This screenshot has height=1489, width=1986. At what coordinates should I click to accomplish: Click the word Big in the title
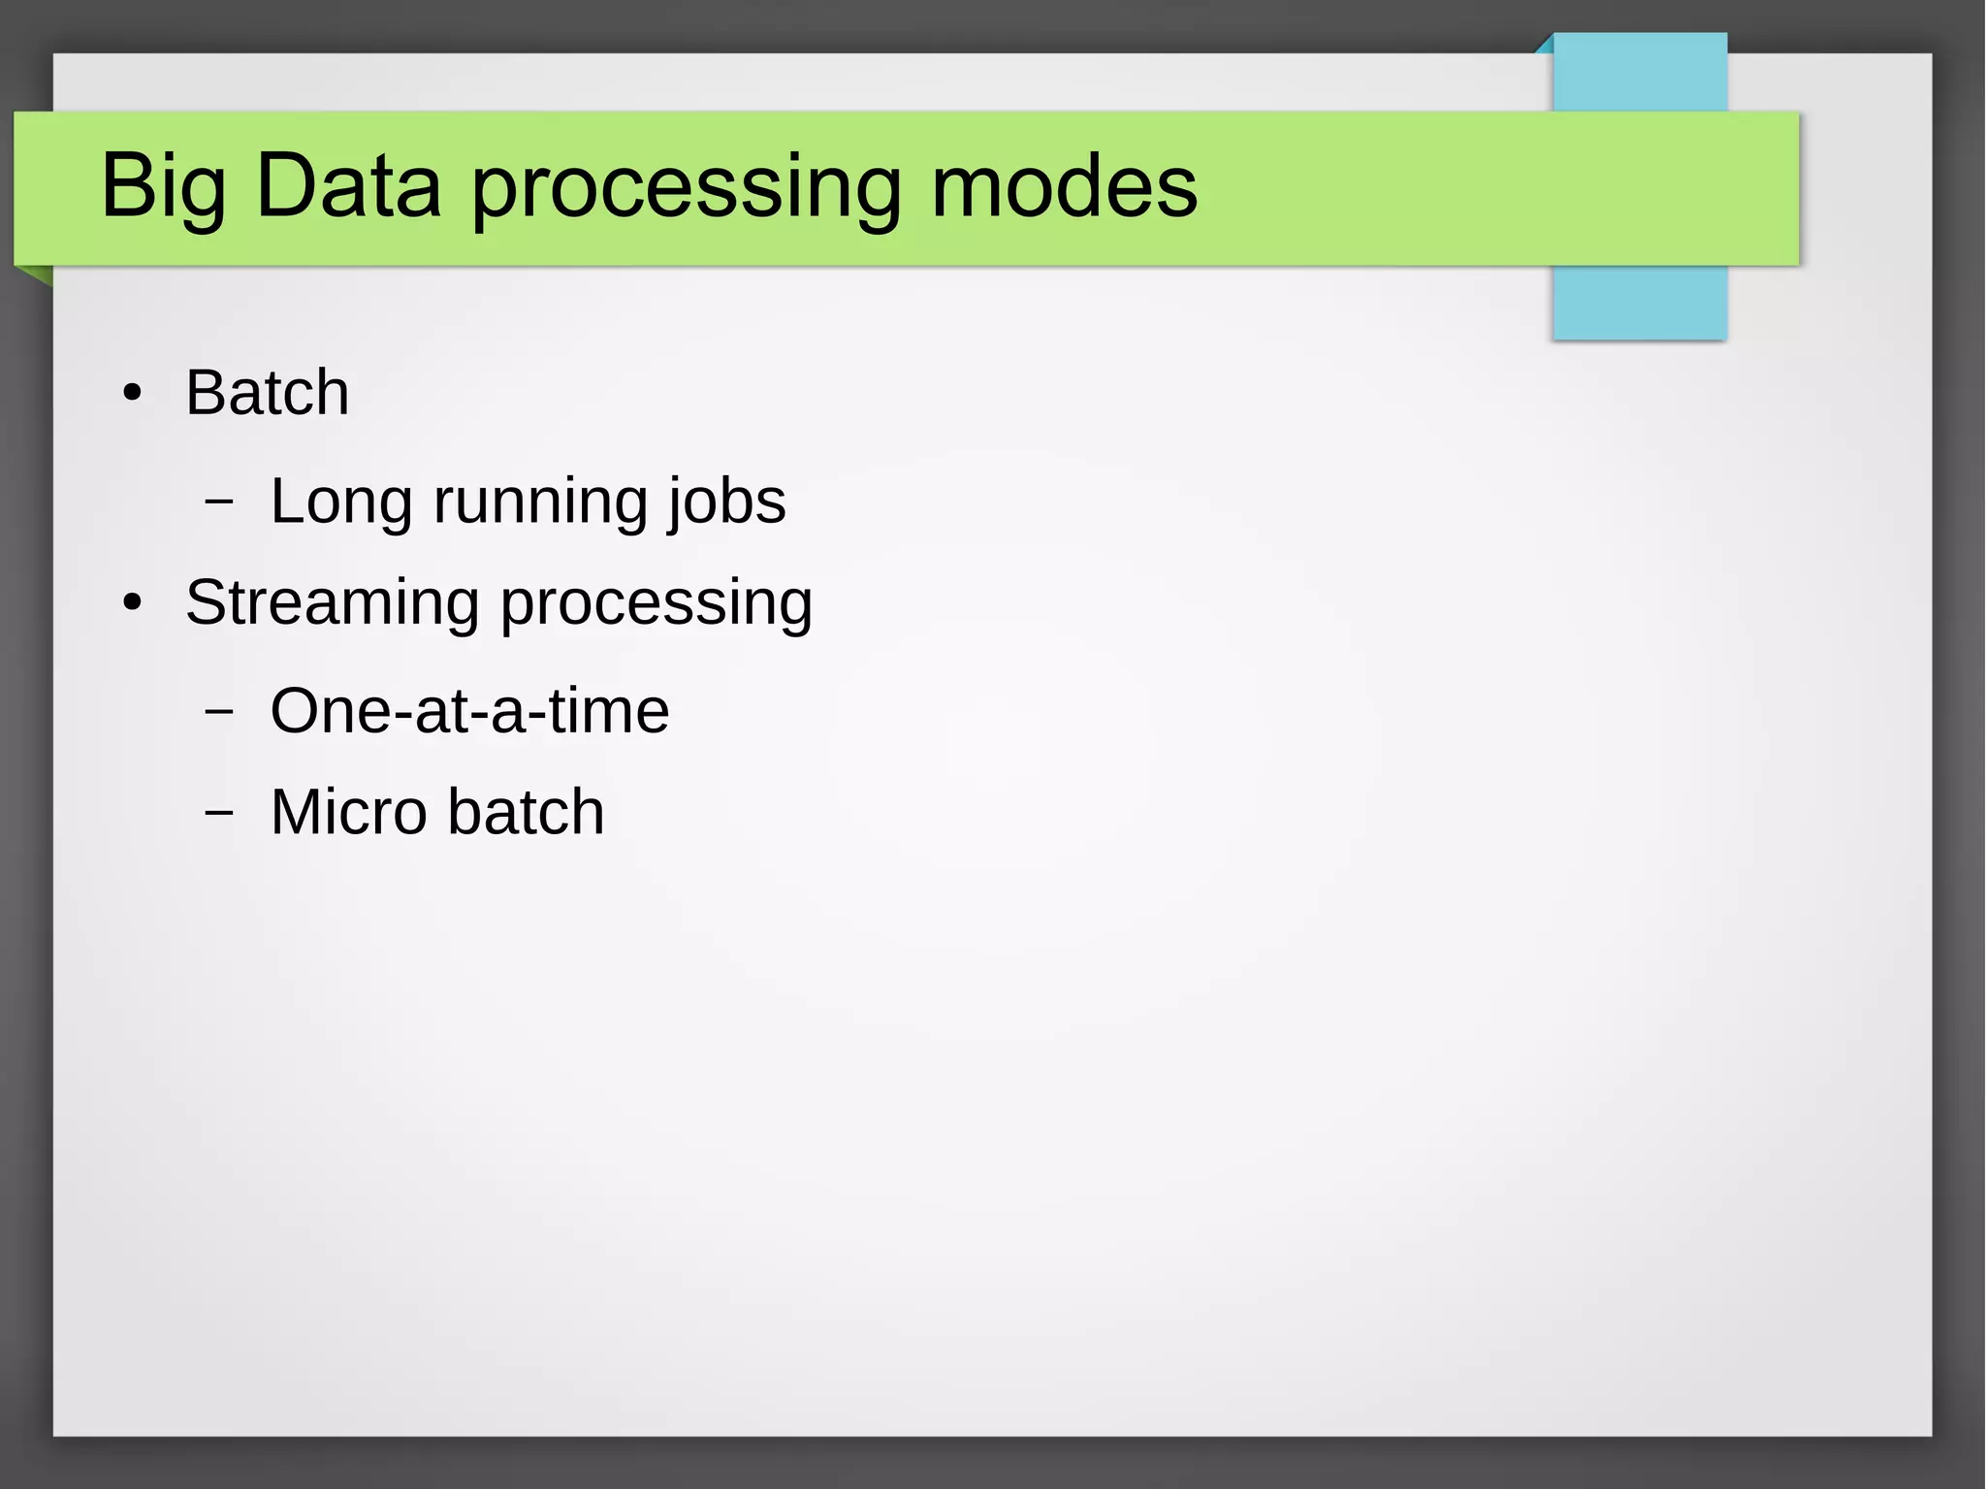tap(163, 186)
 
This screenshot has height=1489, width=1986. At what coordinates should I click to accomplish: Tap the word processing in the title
tap(688, 186)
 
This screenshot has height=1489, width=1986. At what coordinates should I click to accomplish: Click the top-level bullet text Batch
tap(268, 393)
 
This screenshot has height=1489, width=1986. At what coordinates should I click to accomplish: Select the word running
tap(539, 502)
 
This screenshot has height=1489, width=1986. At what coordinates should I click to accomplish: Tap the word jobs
tap(727, 502)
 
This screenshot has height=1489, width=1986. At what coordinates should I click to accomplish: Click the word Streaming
tap(332, 603)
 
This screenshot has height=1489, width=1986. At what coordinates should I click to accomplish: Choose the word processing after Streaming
tap(657, 603)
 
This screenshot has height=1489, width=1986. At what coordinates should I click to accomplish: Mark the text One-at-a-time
tap(469, 711)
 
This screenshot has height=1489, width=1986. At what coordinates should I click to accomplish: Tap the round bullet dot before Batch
tap(133, 394)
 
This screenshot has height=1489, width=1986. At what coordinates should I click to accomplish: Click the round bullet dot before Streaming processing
tap(133, 603)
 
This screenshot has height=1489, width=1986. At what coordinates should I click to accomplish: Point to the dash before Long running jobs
tap(219, 502)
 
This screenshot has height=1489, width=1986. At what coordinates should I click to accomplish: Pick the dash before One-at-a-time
tap(219, 711)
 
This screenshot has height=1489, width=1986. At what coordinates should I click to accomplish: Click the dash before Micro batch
tap(219, 812)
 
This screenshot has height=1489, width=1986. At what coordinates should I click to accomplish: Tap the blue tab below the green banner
tap(1639, 302)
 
